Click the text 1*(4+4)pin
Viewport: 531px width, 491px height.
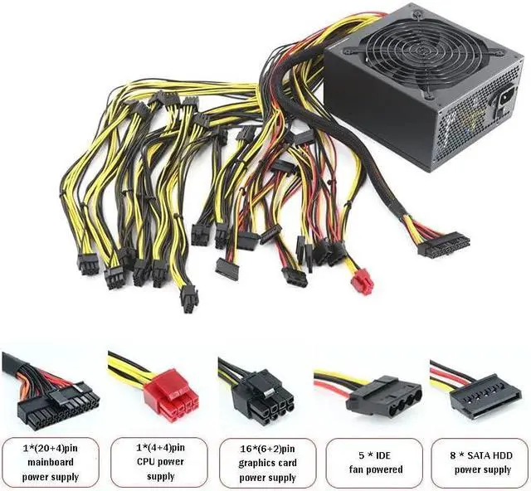pos(160,449)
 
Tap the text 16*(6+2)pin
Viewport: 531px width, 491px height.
pos(268,449)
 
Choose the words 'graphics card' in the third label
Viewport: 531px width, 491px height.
pos(268,463)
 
